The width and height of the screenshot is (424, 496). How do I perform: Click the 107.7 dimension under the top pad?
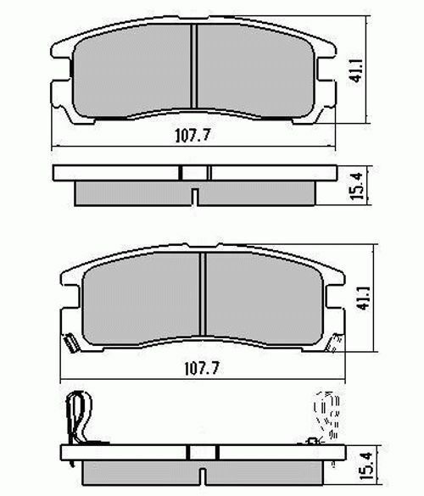[x=192, y=136]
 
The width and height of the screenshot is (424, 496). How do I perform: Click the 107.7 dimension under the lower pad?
[x=202, y=368]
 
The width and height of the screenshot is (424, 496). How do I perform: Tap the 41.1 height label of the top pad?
[x=356, y=70]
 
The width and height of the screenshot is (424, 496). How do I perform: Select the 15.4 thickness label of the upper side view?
[x=356, y=186]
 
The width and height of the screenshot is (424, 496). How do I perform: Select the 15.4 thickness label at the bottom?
[x=365, y=466]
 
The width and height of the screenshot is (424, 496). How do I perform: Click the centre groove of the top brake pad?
[x=194, y=66]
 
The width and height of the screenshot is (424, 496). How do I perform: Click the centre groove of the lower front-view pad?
[x=204, y=294]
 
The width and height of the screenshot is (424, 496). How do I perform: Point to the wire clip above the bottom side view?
[x=80, y=418]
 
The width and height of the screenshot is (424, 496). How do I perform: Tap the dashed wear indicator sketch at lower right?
[x=326, y=415]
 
